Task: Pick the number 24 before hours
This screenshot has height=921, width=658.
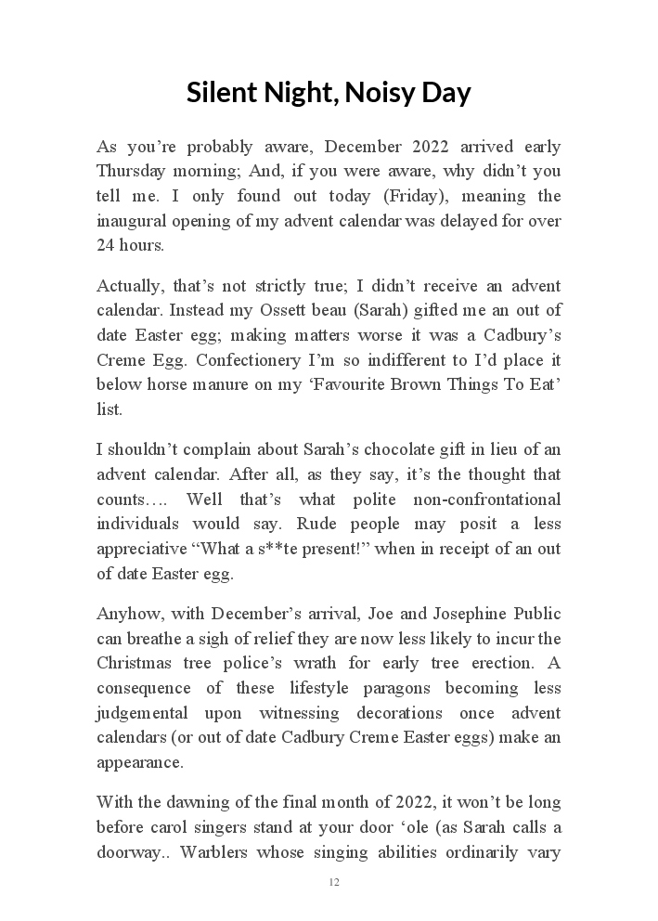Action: pos(106,245)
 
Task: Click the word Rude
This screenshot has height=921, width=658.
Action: pos(329,524)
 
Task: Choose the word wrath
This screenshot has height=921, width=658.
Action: pos(335,663)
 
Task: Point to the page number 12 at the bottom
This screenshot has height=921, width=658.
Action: pos(333,882)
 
